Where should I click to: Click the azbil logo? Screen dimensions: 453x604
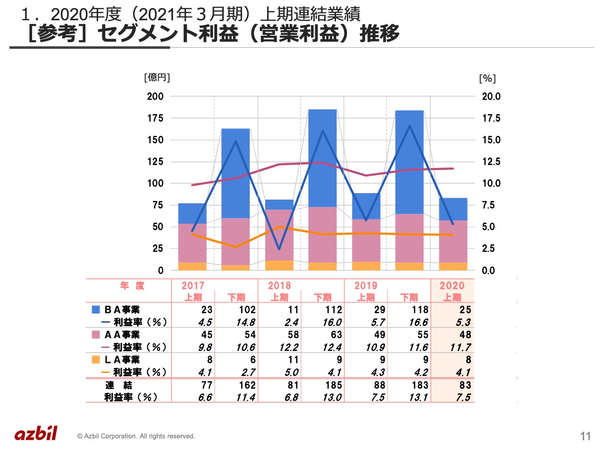[x=36, y=433]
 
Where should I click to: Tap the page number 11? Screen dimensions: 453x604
[x=585, y=436]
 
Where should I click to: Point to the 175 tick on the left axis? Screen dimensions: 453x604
[x=155, y=118]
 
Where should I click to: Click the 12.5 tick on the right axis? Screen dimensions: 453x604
[x=491, y=161]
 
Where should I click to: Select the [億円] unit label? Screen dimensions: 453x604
[x=157, y=77]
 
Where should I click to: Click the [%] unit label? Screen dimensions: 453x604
[x=487, y=78]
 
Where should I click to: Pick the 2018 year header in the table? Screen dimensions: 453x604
[x=279, y=285]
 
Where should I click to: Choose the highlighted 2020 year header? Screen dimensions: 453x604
[x=452, y=285]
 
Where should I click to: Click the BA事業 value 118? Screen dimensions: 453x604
[x=420, y=310]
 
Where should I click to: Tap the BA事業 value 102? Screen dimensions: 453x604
[x=247, y=310]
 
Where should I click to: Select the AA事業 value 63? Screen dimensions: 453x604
[x=336, y=335]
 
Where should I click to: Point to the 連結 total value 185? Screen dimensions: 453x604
[x=333, y=385]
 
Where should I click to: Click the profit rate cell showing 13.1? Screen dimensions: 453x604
[x=419, y=397]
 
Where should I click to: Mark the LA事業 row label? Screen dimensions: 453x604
[x=122, y=360]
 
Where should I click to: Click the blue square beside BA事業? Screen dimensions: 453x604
[x=96, y=310]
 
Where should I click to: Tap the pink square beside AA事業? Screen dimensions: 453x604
[x=96, y=335]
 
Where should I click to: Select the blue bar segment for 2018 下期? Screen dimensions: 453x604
[x=322, y=158]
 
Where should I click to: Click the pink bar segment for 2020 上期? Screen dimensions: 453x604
[x=453, y=241]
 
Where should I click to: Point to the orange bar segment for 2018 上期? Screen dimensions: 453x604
[x=279, y=265]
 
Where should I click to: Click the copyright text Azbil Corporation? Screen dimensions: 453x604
[x=136, y=436]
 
